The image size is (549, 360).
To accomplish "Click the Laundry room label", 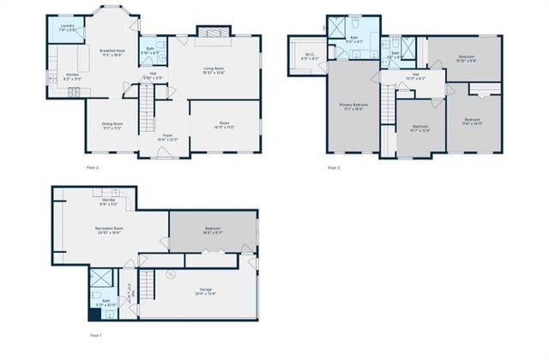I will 67,27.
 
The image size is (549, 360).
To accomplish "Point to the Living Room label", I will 219,70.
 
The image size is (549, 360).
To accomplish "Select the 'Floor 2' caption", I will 92,167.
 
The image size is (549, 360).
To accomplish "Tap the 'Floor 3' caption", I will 334,167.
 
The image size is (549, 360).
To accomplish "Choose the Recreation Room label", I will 108,230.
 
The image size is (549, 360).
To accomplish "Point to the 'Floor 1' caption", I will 95,334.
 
